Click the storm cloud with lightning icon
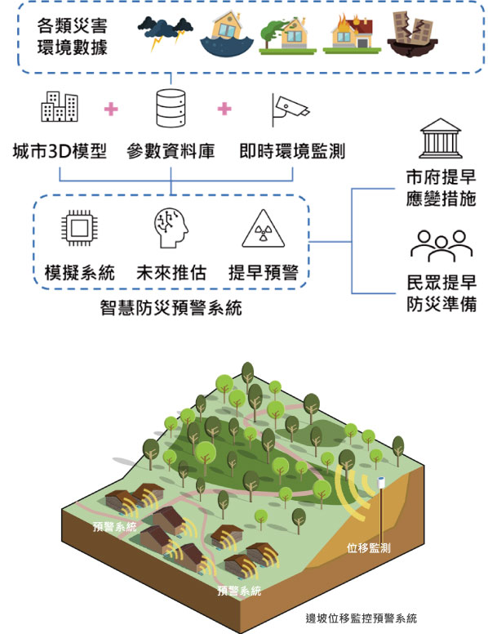click(x=165, y=33)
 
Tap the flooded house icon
click(x=227, y=33)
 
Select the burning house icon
click(x=352, y=33)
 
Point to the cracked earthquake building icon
click(x=412, y=34)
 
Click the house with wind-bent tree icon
click(x=287, y=35)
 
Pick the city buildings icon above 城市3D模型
click(x=60, y=106)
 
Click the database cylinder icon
click(x=171, y=108)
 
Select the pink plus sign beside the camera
click(x=224, y=109)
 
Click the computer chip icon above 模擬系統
click(x=79, y=228)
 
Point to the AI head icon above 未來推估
click(x=171, y=228)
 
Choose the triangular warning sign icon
click(x=264, y=229)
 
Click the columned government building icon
click(x=441, y=138)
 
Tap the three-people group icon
click(x=441, y=245)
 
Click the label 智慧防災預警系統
click(x=171, y=308)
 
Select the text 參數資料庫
click(x=171, y=151)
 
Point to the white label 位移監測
click(x=368, y=548)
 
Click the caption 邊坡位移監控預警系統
click(x=362, y=618)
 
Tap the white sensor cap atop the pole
click(x=381, y=482)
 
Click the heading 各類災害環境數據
click(x=73, y=37)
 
